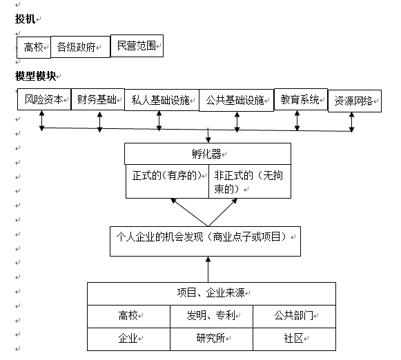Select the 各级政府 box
(x=80, y=47)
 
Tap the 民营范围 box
(x=137, y=46)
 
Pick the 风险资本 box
(x=44, y=99)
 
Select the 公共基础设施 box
(x=236, y=100)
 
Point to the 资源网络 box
(x=354, y=101)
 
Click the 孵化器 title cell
(x=207, y=153)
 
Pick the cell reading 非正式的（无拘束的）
(x=249, y=181)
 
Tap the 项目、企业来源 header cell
(x=211, y=293)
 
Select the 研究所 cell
(x=211, y=338)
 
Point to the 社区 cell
(x=294, y=338)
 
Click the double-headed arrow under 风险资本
(x=42, y=119)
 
